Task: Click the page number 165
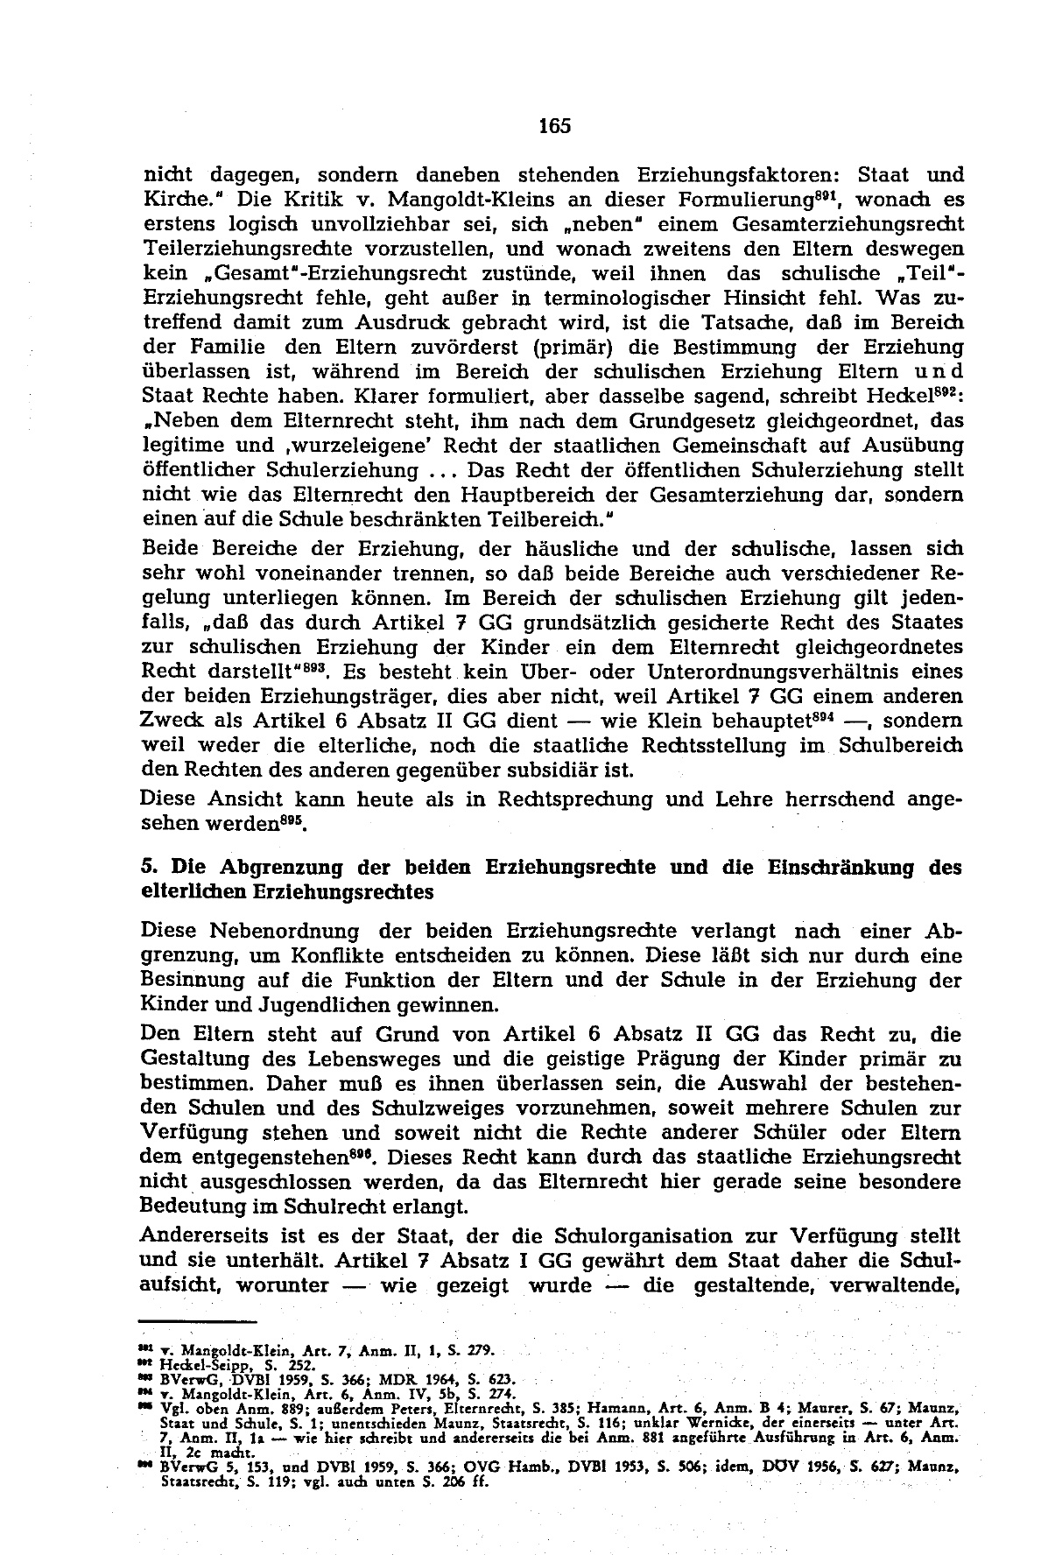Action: click(554, 126)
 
